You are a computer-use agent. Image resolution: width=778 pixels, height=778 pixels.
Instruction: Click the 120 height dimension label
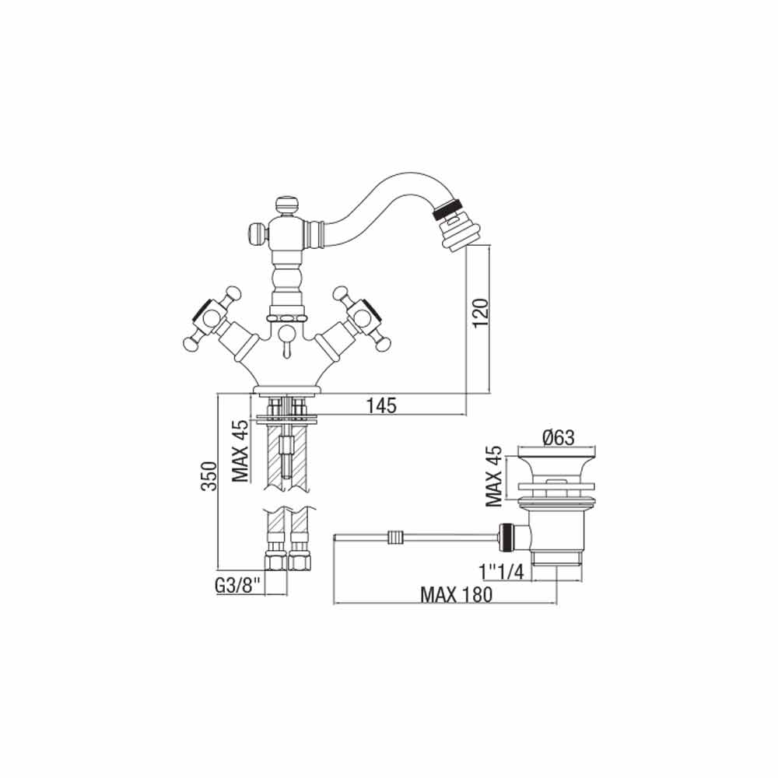pos(481,312)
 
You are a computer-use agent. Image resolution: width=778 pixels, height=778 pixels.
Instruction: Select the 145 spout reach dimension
pos(382,405)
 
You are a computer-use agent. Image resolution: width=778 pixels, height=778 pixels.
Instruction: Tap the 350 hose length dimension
pos(209,476)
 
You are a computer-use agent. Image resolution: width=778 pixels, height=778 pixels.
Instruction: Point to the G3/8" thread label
pos(237,586)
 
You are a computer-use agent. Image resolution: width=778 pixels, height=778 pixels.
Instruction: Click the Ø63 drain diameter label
pos(558,437)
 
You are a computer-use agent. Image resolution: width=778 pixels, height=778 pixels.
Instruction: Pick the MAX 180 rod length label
pos(456,594)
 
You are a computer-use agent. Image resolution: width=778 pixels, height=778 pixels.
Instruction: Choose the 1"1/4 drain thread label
pos(502,572)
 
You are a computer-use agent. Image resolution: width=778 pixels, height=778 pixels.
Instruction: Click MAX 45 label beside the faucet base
pos(240,451)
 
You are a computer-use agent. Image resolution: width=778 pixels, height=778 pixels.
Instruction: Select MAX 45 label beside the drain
pos(494,475)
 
